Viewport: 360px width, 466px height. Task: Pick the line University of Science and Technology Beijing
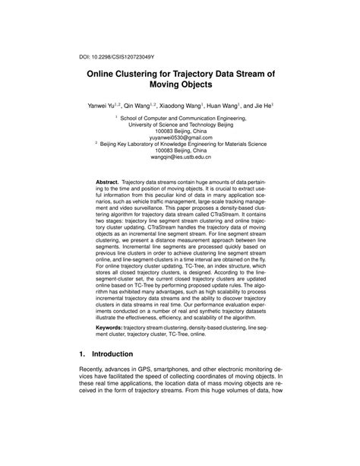coord(180,127)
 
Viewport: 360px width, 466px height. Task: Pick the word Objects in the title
coord(203,90)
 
